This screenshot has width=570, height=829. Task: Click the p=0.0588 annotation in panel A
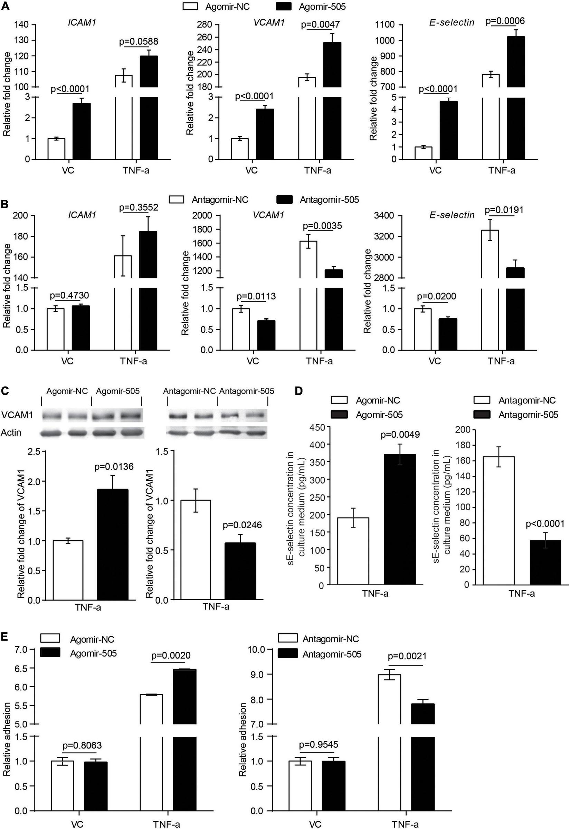click(x=139, y=42)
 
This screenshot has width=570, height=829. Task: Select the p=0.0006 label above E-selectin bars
click(x=505, y=21)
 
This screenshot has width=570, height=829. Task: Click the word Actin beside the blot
click(x=11, y=433)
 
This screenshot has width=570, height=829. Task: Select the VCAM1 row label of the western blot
click(x=15, y=416)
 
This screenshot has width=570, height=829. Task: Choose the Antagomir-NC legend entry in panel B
click(x=220, y=199)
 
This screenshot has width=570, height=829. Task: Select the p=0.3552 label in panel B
click(x=139, y=208)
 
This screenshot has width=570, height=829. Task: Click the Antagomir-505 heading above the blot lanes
click(x=246, y=391)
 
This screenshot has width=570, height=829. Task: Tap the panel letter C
click(x=4, y=391)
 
